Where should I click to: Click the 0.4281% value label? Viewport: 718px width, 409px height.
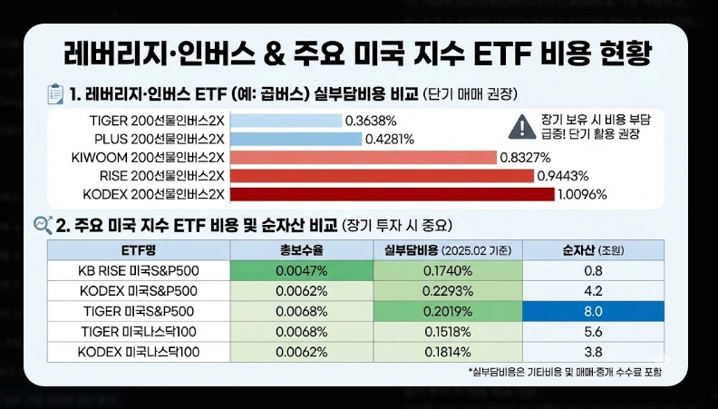click(389, 139)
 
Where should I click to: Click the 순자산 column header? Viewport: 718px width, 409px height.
click(594, 250)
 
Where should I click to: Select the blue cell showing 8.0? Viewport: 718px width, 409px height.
click(594, 311)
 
